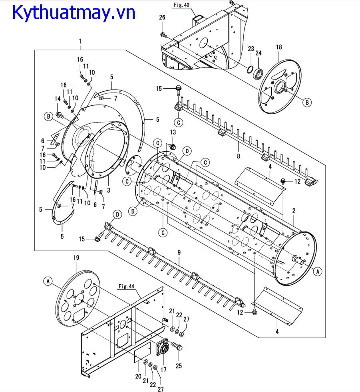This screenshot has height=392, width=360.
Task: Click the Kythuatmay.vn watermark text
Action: [x=74, y=12]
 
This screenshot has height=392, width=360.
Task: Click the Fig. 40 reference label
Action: [x=182, y=5]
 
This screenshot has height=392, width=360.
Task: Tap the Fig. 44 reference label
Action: [x=126, y=286]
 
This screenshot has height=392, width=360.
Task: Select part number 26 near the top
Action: [x=162, y=17]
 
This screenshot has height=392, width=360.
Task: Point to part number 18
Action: [x=279, y=47]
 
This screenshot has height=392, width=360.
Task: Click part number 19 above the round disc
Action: [x=76, y=257]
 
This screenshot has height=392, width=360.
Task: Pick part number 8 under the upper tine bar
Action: [x=239, y=156]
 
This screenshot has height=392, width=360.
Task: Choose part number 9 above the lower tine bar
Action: [x=179, y=253]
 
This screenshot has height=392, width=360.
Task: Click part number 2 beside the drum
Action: [x=294, y=211]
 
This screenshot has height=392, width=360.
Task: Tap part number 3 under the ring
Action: [x=109, y=190]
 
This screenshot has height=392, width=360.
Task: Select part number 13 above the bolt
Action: [x=173, y=132]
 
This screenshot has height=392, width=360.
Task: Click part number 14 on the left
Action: [x=58, y=99]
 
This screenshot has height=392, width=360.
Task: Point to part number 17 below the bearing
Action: [x=163, y=370]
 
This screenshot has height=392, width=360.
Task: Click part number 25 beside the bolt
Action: [x=179, y=366]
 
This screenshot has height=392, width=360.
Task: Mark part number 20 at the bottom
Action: [x=138, y=376]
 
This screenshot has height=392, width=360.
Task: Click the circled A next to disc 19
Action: [x=48, y=281]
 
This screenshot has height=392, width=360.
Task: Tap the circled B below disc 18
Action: [x=307, y=102]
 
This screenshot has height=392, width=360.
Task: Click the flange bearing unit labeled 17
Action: [x=163, y=346]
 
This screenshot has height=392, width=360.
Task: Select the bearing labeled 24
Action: [x=259, y=74]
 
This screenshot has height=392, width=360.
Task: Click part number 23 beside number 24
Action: [x=251, y=49]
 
